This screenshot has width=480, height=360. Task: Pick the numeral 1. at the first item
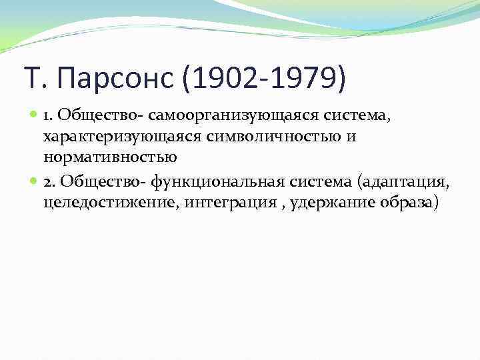tap(48, 117)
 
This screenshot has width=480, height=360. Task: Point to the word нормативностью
tap(110, 157)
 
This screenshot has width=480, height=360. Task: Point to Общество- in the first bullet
tap(92, 117)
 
